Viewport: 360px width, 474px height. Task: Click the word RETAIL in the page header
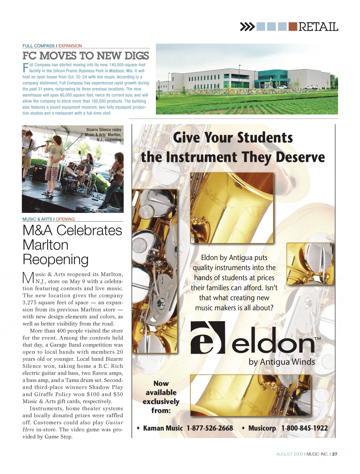[318, 27]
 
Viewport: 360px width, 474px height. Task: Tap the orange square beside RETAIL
[293, 27]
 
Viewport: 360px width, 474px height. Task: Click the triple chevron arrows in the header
[247, 27]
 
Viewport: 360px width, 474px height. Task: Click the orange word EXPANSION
[70, 46]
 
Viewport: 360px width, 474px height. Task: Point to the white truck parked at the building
[311, 87]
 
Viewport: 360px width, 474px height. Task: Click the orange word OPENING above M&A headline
[65, 219]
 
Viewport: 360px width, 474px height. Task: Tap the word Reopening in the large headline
[55, 259]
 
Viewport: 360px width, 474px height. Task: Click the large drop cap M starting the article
[28, 278]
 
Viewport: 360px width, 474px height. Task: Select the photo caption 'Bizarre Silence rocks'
[104, 129]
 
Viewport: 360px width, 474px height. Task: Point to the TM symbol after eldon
[318, 339]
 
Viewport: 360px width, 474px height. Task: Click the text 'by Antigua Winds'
[282, 362]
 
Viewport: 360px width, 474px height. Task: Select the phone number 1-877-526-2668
[210, 428]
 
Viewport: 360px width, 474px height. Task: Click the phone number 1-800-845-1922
[304, 428]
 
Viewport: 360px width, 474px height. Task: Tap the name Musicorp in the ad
[262, 428]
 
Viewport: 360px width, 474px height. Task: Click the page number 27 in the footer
[335, 454]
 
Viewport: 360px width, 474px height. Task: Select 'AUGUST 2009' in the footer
[289, 454]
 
